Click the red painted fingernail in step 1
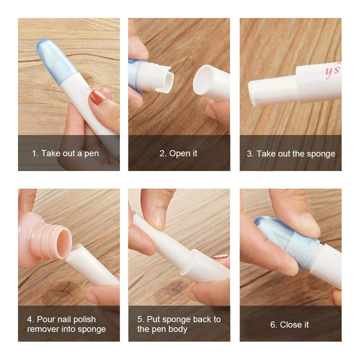98,97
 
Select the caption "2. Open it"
178,153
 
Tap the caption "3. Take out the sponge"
290,153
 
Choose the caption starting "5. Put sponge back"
179,324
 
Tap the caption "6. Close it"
289,324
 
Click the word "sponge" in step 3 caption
320,153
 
